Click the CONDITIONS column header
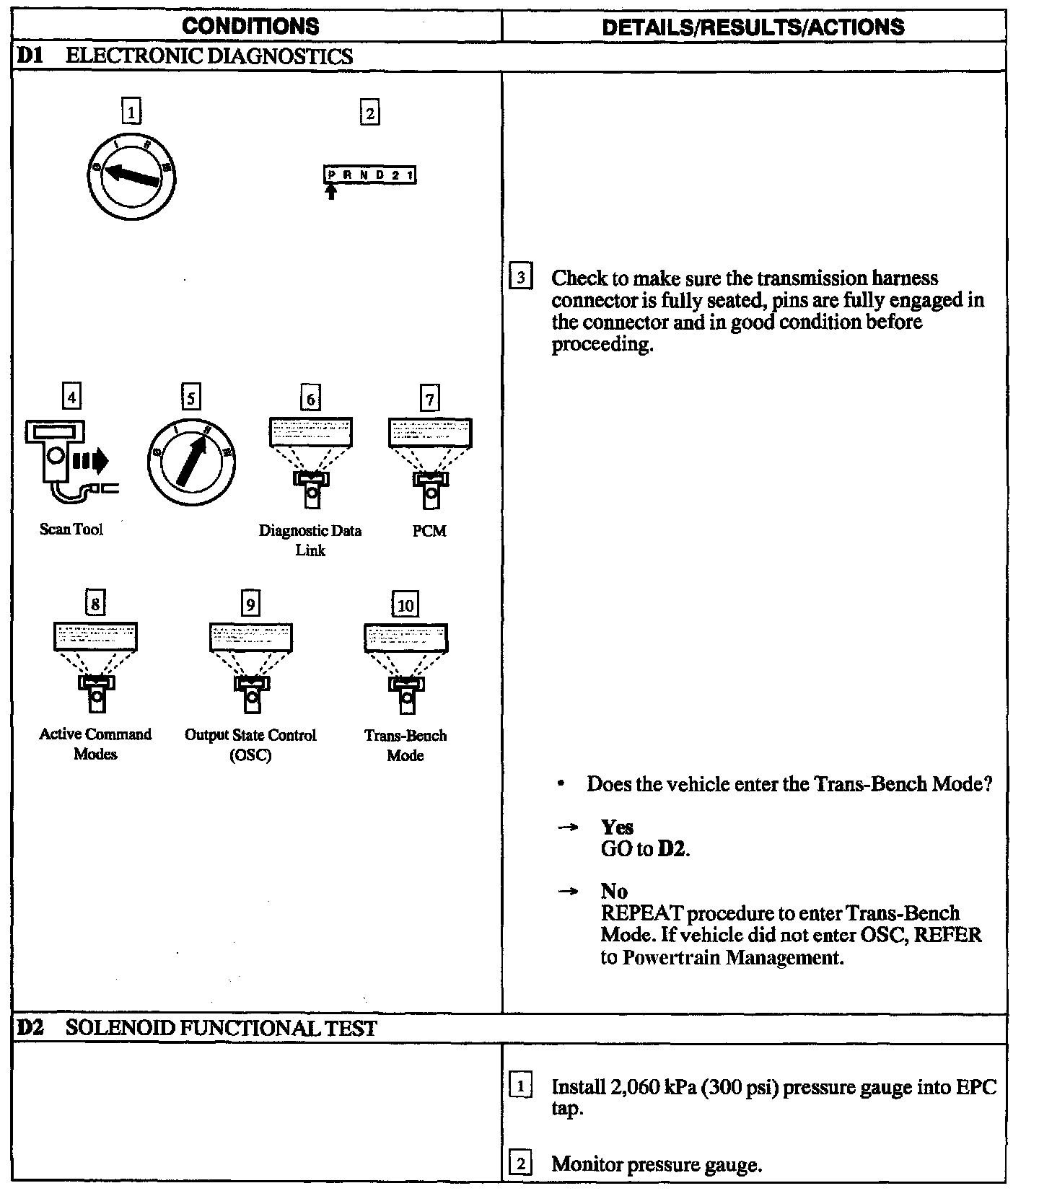[250, 27]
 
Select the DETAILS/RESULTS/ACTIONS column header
[753, 27]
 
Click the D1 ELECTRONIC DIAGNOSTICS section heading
[185, 56]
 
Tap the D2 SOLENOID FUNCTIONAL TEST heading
[196, 1027]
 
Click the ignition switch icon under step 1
[131, 176]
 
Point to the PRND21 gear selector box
[369, 175]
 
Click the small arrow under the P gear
[331, 192]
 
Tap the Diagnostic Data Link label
[310, 540]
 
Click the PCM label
[429, 531]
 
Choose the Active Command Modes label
[95, 744]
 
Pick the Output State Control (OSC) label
[250, 745]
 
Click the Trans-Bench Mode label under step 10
[405, 745]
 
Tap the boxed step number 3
[521, 278]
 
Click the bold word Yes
[617, 827]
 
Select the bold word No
[614, 891]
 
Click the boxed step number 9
[250, 604]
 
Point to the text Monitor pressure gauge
[657, 1164]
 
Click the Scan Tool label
[71, 529]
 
